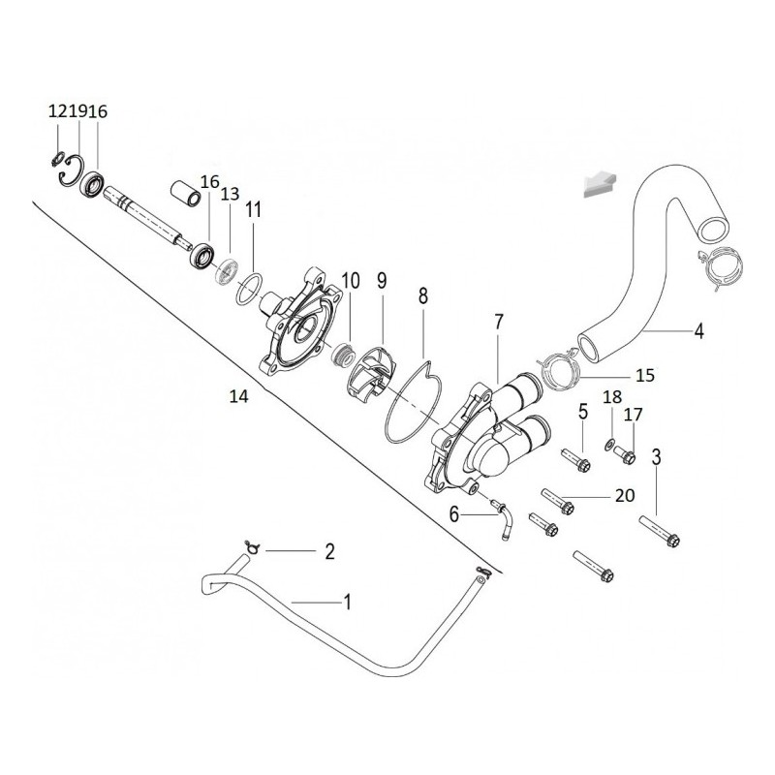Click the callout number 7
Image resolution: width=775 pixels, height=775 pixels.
click(x=498, y=322)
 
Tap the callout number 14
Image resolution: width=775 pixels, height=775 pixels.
click(x=238, y=396)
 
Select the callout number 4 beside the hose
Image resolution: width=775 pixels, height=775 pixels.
click(x=698, y=330)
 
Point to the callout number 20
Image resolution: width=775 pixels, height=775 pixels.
click(x=625, y=495)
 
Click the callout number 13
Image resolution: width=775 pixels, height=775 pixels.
click(x=230, y=194)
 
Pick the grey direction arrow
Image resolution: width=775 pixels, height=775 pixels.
click(x=600, y=184)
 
